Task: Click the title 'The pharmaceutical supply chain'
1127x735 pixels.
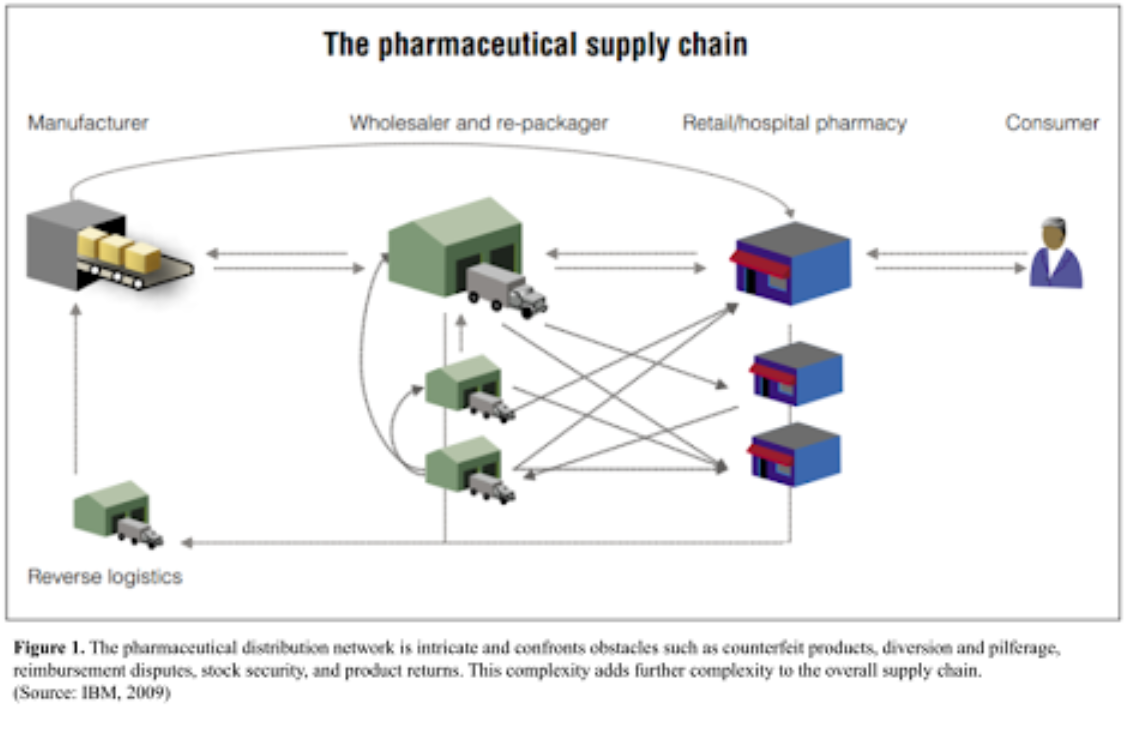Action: pos(535,46)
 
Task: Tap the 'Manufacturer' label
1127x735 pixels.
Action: pos(88,123)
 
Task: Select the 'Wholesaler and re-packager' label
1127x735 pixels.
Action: pos(479,123)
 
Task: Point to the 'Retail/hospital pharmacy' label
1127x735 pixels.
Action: pos(794,123)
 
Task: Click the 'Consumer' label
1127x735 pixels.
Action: pos(1052,123)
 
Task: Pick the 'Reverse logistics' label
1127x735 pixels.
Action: pos(105,577)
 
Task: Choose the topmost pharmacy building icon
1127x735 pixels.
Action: pos(792,263)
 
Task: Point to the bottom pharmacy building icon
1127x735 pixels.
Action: pos(795,454)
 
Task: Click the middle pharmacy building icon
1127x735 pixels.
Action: pos(796,373)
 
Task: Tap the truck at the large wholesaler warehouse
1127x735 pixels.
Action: pos(507,290)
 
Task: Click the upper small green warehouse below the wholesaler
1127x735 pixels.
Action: pos(464,382)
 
